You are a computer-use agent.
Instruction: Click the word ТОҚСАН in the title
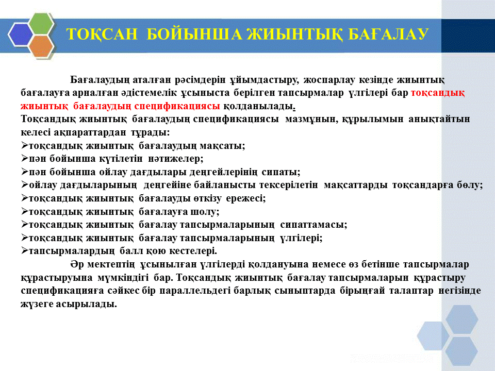tap(102, 34)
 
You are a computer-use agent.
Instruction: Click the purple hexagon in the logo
tap(20, 35)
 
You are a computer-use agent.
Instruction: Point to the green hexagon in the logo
tap(42, 23)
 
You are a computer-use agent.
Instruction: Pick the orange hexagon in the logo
tap(41, 46)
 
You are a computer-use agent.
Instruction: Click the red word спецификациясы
tap(177, 106)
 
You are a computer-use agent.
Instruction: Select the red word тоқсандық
tap(438, 93)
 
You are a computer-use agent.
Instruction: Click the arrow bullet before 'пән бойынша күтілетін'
tap(25, 158)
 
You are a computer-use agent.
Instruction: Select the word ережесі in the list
tap(246, 198)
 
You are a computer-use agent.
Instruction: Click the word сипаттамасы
tap(313, 225)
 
